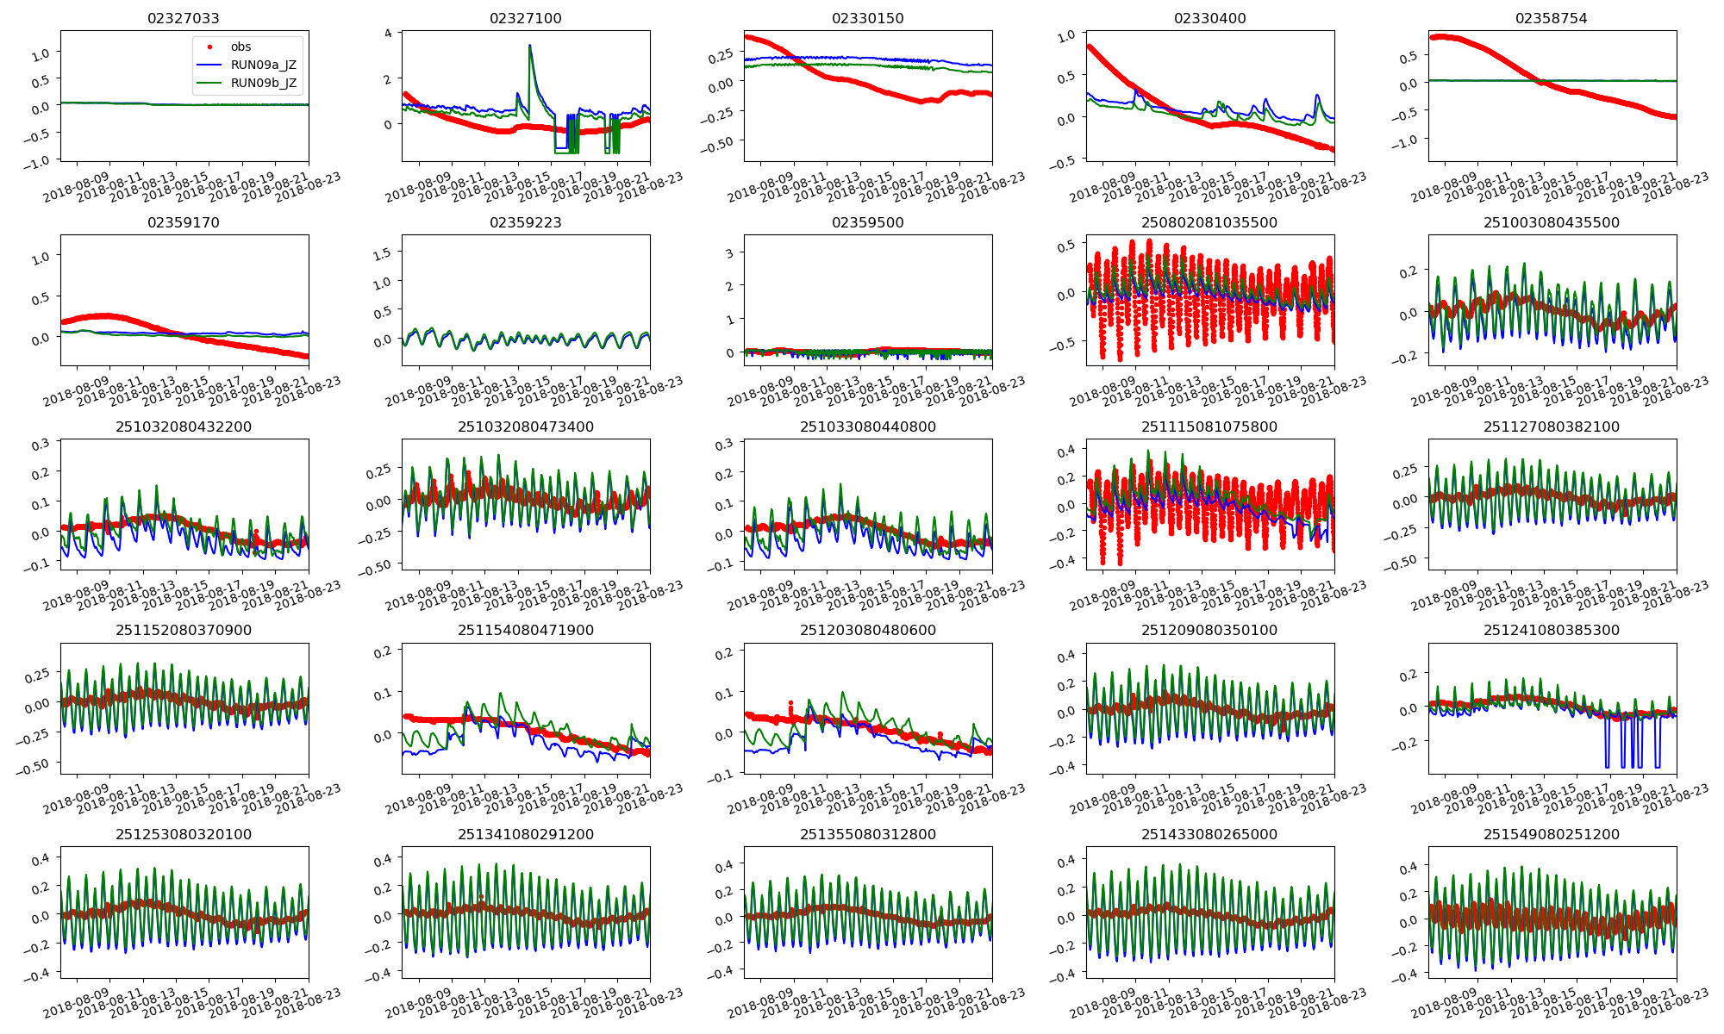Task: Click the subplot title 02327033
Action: pyautogui.click(x=184, y=18)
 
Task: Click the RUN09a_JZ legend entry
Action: pyautogui.click(x=263, y=65)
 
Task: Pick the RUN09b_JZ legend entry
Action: pyautogui.click(x=263, y=83)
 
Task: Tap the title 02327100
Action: pyautogui.click(x=526, y=18)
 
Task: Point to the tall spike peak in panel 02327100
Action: pyautogui.click(x=529, y=46)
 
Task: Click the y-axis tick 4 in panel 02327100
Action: pyautogui.click(x=388, y=34)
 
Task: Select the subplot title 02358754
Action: pyautogui.click(x=1552, y=18)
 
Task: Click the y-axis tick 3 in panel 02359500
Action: pyautogui.click(x=729, y=253)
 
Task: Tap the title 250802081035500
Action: pyautogui.click(x=1209, y=222)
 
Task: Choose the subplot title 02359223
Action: pyautogui.click(x=526, y=222)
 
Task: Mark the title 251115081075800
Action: pyautogui.click(x=1209, y=427)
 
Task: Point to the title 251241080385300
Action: pyautogui.click(x=1552, y=630)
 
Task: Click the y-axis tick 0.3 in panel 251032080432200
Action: pyautogui.click(x=41, y=445)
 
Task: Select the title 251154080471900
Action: pyautogui.click(x=526, y=630)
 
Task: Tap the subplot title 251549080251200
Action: pyautogui.click(x=1552, y=834)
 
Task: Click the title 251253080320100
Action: pyautogui.click(x=184, y=834)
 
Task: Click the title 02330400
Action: pyautogui.click(x=1209, y=18)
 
